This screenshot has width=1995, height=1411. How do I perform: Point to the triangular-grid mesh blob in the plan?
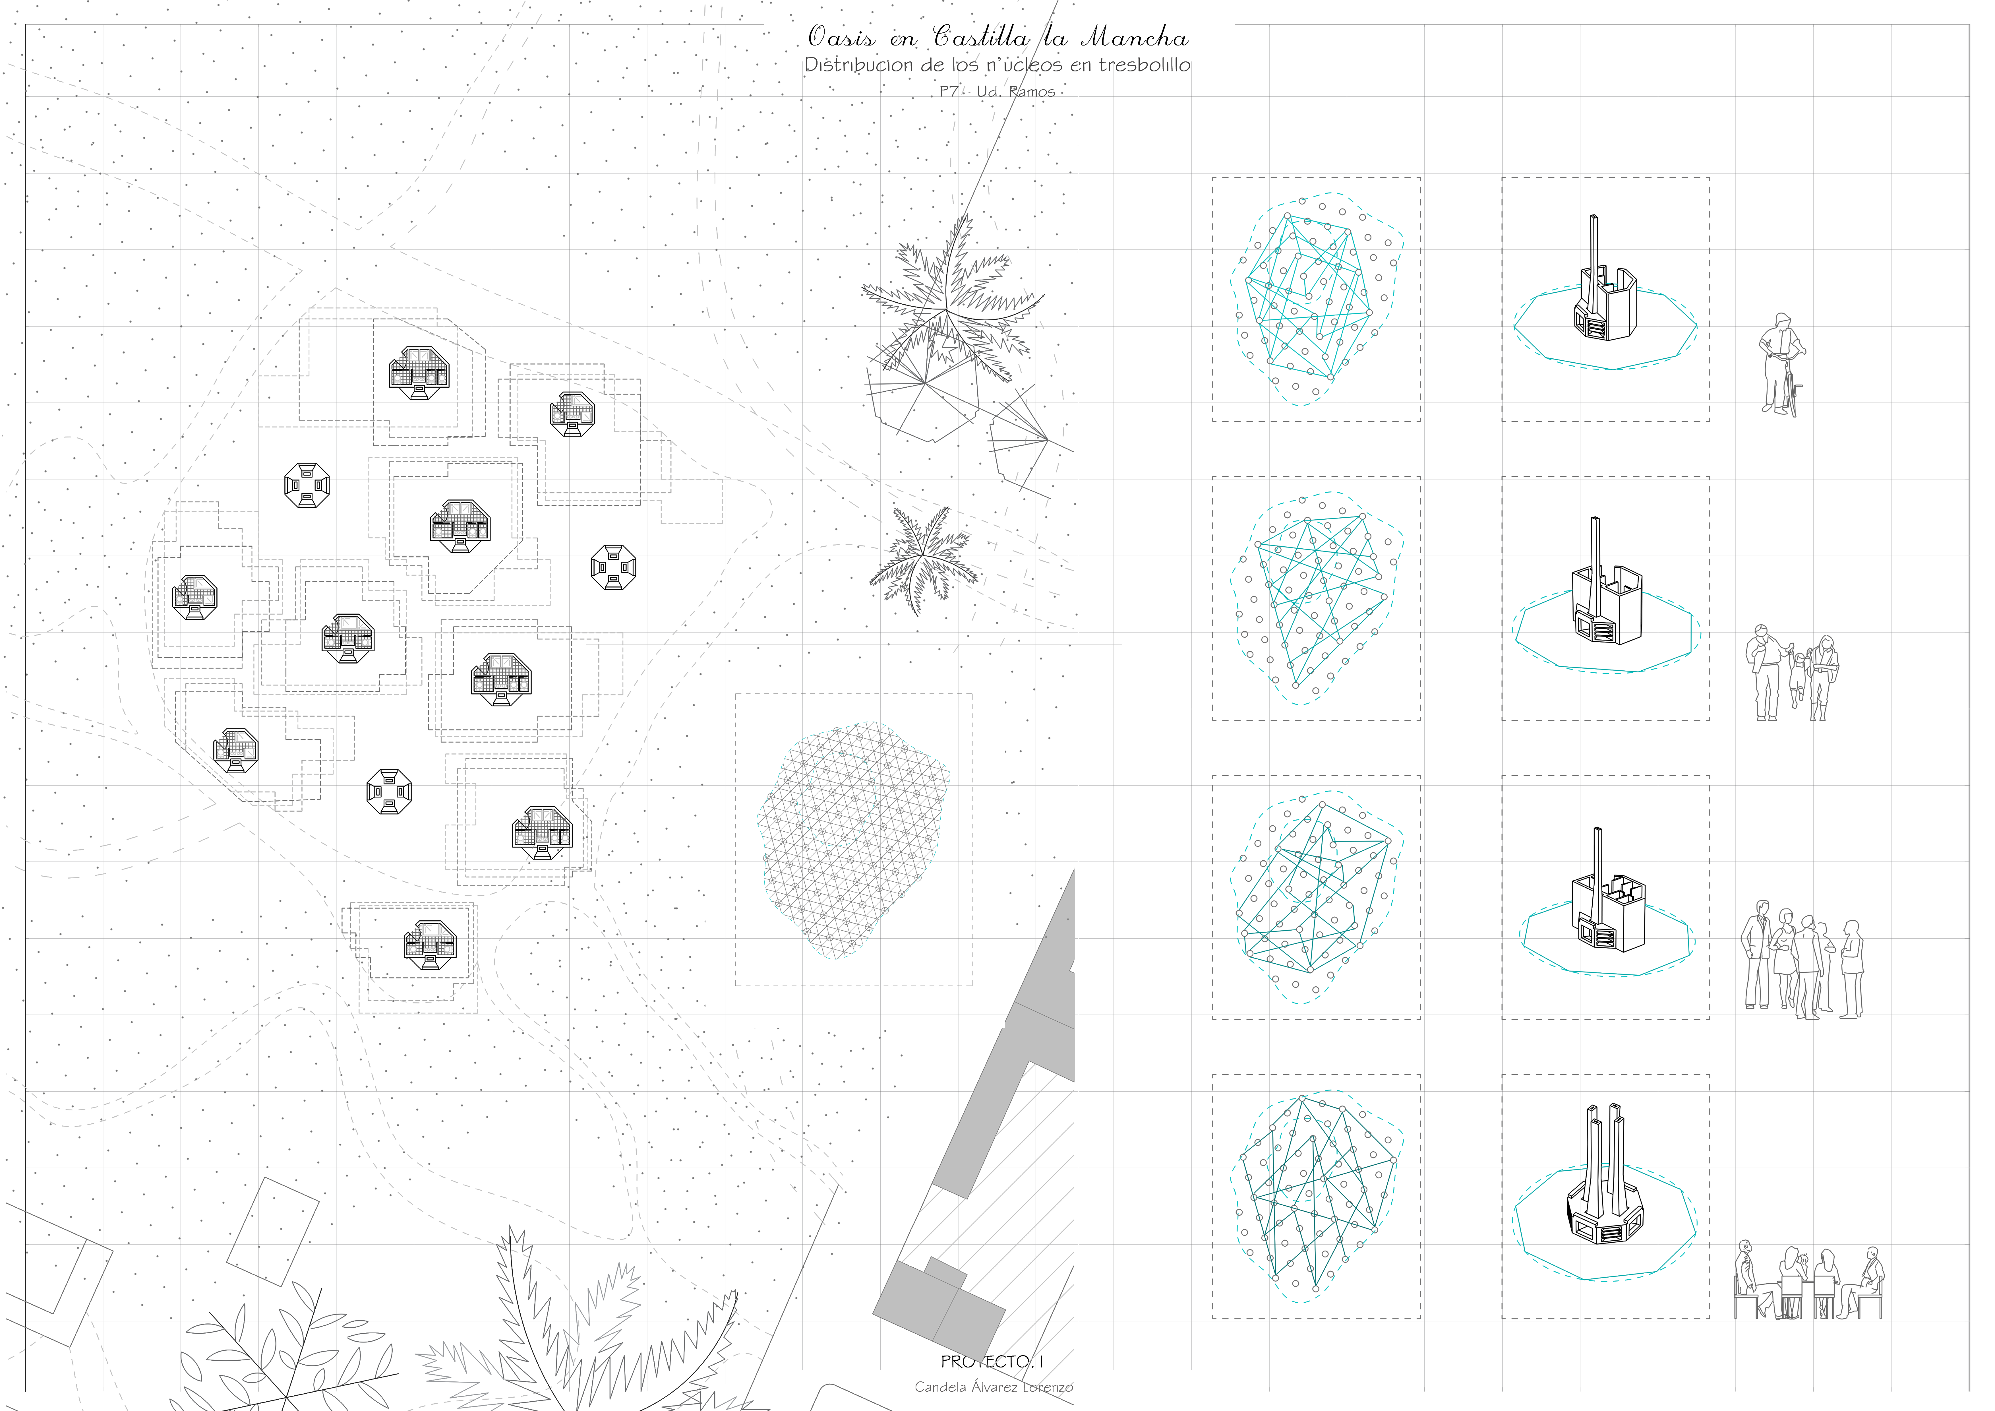pyautogui.click(x=854, y=839)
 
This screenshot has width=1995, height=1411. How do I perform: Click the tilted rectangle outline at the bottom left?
pyautogui.click(x=273, y=1231)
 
